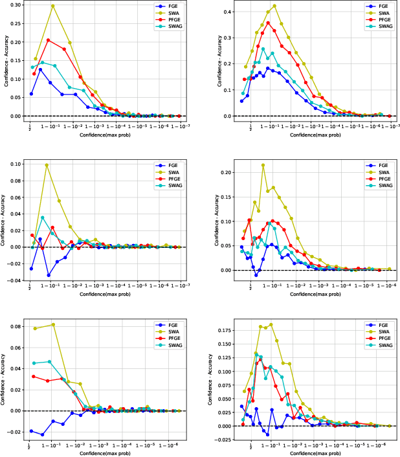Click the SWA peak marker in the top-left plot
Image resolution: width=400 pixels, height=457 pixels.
52,6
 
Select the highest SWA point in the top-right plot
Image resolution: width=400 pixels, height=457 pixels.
274,6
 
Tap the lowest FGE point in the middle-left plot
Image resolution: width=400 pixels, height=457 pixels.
49,275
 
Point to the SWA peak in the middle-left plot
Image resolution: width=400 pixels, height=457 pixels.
47,165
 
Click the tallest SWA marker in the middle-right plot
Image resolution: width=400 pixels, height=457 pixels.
263,165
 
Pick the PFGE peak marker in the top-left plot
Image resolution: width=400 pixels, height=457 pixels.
49,40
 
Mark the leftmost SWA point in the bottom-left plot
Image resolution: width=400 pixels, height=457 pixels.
35,328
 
